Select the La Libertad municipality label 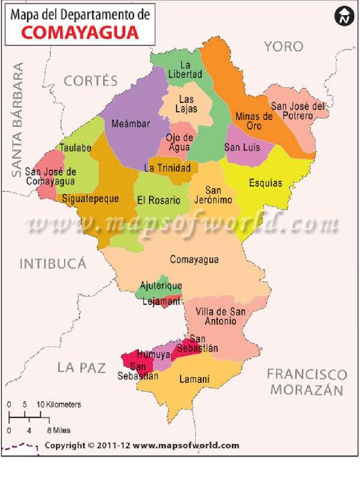tap(186, 70)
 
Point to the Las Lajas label tap(186, 105)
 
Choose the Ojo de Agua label tap(179, 142)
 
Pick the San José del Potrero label tap(298, 111)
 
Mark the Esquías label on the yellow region tap(266, 183)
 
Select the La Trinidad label tap(167, 168)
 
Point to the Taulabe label tap(75, 148)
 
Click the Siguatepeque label tap(90, 199)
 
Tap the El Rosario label tap(158, 200)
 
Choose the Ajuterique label tap(161, 285)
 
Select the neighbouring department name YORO tap(284, 46)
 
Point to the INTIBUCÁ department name tap(53, 264)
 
